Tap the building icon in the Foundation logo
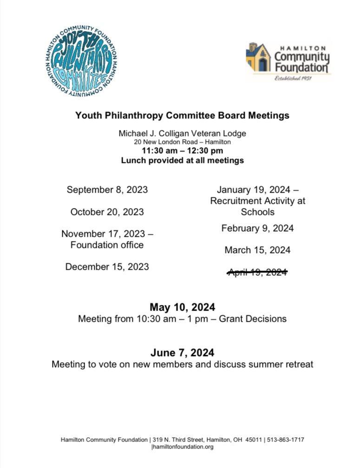pyautogui.click(x=258, y=58)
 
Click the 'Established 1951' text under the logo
pyautogui.click(x=293, y=78)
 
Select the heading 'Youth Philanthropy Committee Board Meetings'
pyautogui.click(x=182, y=116)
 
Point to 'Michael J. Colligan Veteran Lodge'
pyautogui.click(x=182, y=133)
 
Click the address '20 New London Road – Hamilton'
pyautogui.click(x=182, y=142)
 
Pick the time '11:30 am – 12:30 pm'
pyautogui.click(x=182, y=151)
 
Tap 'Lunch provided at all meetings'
pyautogui.click(x=182, y=161)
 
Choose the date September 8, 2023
pyautogui.click(x=107, y=189)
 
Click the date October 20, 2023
pyautogui.click(x=107, y=212)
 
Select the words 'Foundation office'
pyautogui.click(x=107, y=245)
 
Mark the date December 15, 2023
pyautogui.click(x=107, y=266)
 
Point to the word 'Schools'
pyautogui.click(x=257, y=212)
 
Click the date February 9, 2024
pyautogui.click(x=257, y=228)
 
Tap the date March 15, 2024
pyautogui.click(x=257, y=250)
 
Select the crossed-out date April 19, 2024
pyautogui.click(x=257, y=272)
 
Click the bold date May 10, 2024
pyautogui.click(x=182, y=307)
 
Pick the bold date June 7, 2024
pyautogui.click(x=182, y=352)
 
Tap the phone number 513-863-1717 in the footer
pyautogui.click(x=286, y=440)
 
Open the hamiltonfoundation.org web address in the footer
pyautogui.click(x=183, y=447)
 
